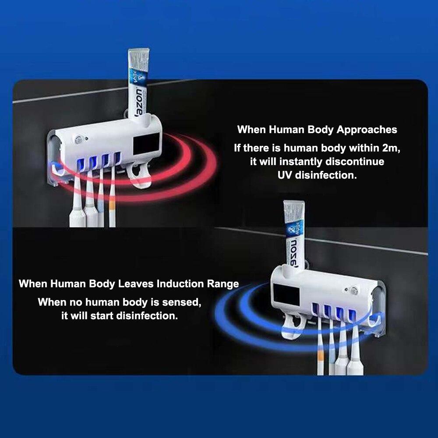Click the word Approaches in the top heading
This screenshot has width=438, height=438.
tap(367, 130)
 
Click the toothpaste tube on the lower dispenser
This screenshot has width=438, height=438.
tap(294, 235)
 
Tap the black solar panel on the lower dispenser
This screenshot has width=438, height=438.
tap(286, 294)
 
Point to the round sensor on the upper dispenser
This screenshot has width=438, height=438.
tap(79, 139)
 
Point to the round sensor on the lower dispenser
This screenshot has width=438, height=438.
tap(354, 291)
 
